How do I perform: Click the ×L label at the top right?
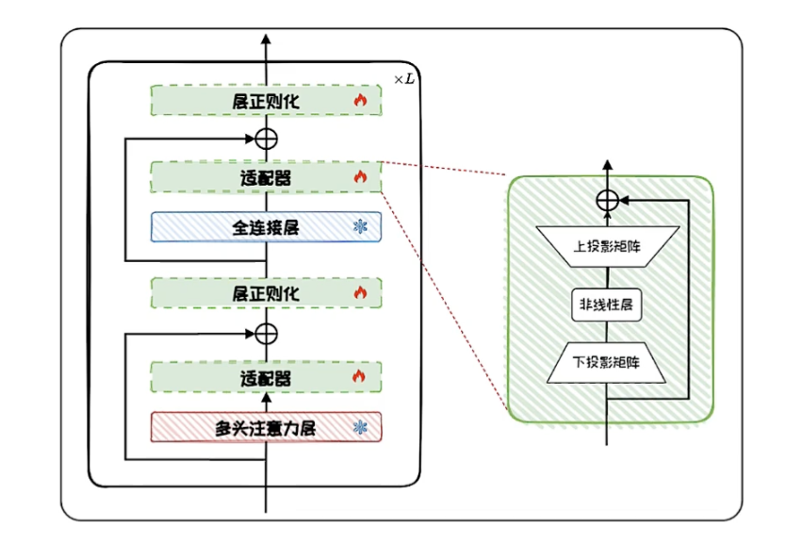(403, 78)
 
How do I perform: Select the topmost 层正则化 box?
(266, 101)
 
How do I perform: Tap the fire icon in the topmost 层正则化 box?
(359, 100)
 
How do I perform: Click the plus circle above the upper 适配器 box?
(267, 139)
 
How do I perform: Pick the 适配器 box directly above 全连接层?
(266, 176)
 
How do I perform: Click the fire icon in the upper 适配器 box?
(359, 176)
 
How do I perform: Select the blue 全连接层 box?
(266, 226)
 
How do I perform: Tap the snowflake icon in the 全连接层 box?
(359, 226)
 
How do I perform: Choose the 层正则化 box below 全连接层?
(266, 293)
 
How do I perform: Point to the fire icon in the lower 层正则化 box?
(359, 293)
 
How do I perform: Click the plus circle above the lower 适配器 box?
(267, 333)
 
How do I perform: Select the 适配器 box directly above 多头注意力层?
(266, 377)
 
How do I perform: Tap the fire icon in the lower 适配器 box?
(359, 377)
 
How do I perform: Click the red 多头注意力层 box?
(266, 427)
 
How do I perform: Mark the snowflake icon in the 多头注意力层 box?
(359, 427)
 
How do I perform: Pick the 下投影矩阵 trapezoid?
(607, 362)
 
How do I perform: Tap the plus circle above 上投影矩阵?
(608, 200)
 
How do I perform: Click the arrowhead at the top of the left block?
(267, 40)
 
